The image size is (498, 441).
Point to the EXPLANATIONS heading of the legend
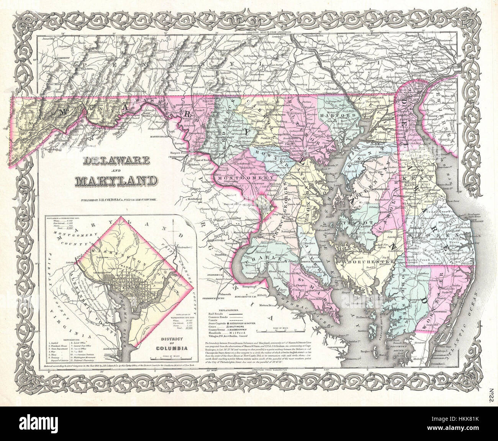click(x=222, y=309)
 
